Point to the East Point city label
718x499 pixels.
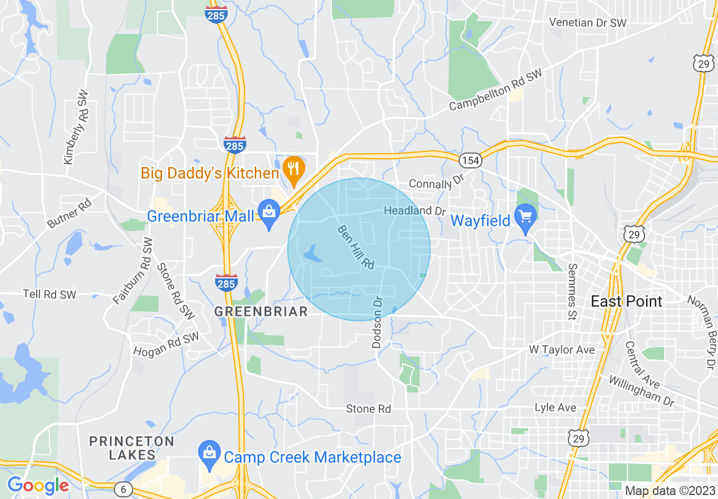(x=626, y=301)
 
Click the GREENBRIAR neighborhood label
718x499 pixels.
(x=261, y=311)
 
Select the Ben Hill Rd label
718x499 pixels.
(x=356, y=247)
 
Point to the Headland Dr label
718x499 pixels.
(x=415, y=210)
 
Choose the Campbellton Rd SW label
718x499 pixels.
(x=495, y=90)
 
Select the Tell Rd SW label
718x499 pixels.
(x=49, y=294)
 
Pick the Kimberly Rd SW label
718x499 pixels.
(x=76, y=127)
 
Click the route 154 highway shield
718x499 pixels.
(x=471, y=160)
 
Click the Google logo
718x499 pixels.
(x=38, y=485)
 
